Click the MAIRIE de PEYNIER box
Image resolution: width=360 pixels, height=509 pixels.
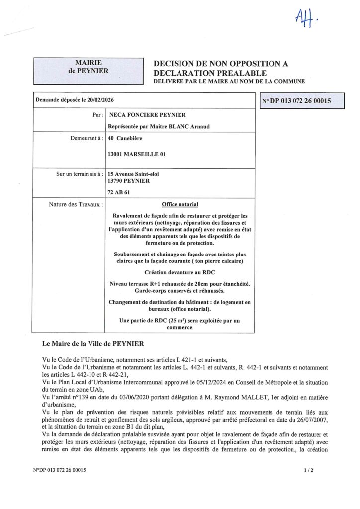pos(89,67)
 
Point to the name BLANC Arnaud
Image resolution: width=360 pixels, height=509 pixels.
pos(179,126)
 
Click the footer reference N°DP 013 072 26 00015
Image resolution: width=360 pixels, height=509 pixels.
pos(61,470)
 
